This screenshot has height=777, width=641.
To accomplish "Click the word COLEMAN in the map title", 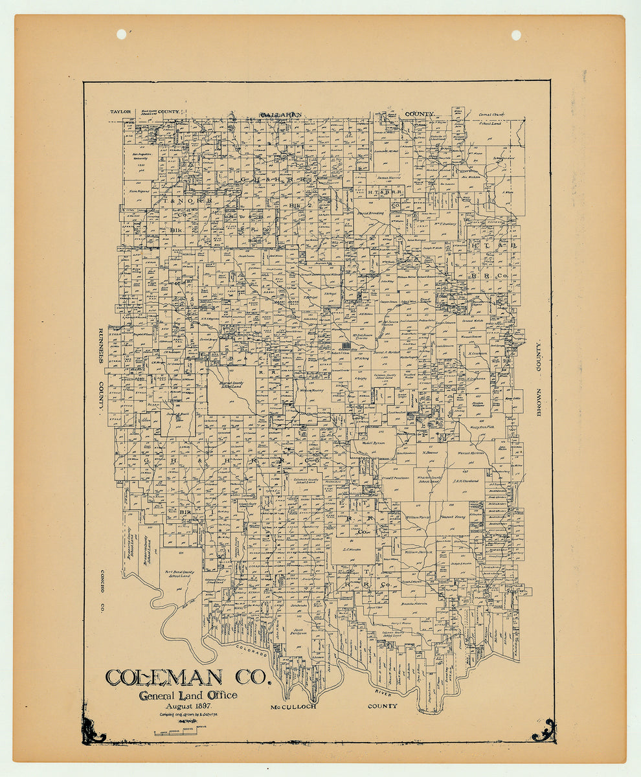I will tap(165, 677).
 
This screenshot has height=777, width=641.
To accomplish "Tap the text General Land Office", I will tap(187, 695).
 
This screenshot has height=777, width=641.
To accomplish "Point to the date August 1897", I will tap(184, 706).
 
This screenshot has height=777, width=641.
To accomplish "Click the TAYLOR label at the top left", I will tap(120, 111).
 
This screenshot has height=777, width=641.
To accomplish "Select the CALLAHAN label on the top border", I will tap(280, 115).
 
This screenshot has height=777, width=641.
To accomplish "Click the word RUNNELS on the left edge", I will tap(101, 346).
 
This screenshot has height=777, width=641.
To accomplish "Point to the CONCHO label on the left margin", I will tap(101, 582).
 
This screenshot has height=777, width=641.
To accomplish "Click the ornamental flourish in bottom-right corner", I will tap(543, 730).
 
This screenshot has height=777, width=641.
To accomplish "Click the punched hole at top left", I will tap(121, 34).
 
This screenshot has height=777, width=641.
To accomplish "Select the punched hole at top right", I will tap(516, 35).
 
